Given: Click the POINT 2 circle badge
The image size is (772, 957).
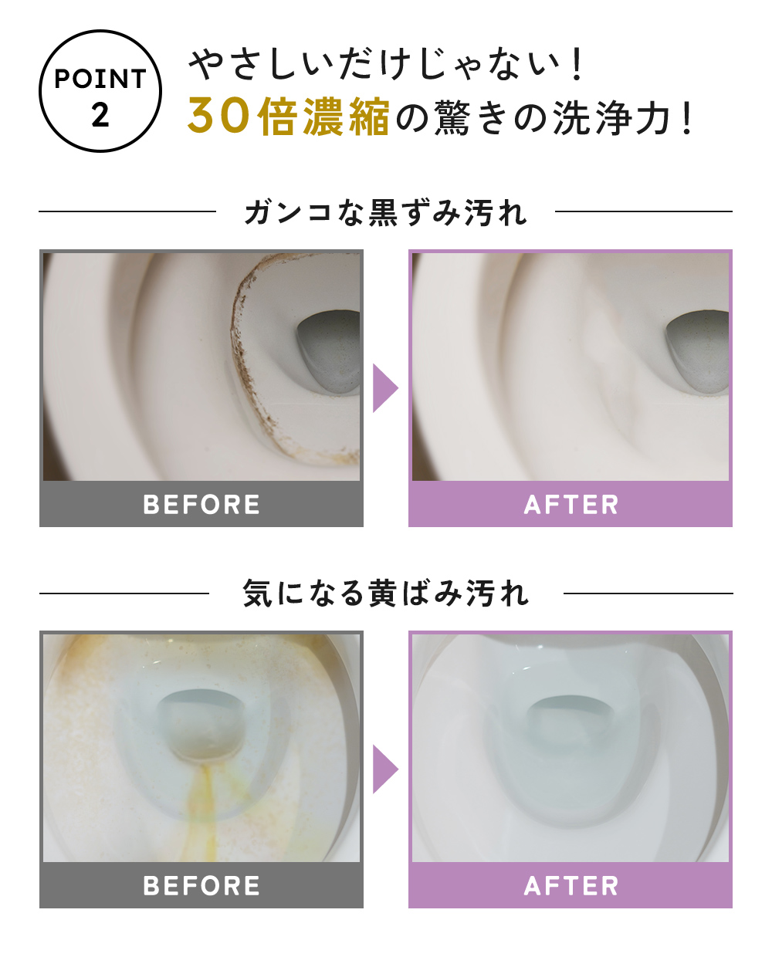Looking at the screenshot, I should pyautogui.click(x=100, y=92).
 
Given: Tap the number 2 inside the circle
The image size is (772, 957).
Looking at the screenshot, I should pyautogui.click(x=100, y=116).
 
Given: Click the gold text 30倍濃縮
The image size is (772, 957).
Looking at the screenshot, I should pyautogui.click(x=288, y=117).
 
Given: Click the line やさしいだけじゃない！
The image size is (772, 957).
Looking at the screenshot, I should pyautogui.click(x=386, y=64).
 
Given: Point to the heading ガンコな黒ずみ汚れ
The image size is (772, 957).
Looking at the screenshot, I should pyautogui.click(x=385, y=212).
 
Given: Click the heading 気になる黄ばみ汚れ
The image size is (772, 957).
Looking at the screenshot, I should pyautogui.click(x=385, y=593).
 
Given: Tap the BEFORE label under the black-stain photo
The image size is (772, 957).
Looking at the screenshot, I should pyautogui.click(x=201, y=505).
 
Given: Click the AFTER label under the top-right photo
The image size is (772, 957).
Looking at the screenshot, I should pyautogui.click(x=571, y=505).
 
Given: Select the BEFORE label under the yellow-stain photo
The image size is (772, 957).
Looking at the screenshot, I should pyautogui.click(x=201, y=886).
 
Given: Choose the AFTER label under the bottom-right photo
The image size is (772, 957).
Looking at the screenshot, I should pyautogui.click(x=571, y=886).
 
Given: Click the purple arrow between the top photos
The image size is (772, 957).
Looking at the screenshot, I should pyautogui.click(x=384, y=388).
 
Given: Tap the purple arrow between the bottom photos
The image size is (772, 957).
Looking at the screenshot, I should pyautogui.click(x=384, y=769).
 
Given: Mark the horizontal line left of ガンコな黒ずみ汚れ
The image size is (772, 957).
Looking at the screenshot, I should pyautogui.click(x=127, y=211).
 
